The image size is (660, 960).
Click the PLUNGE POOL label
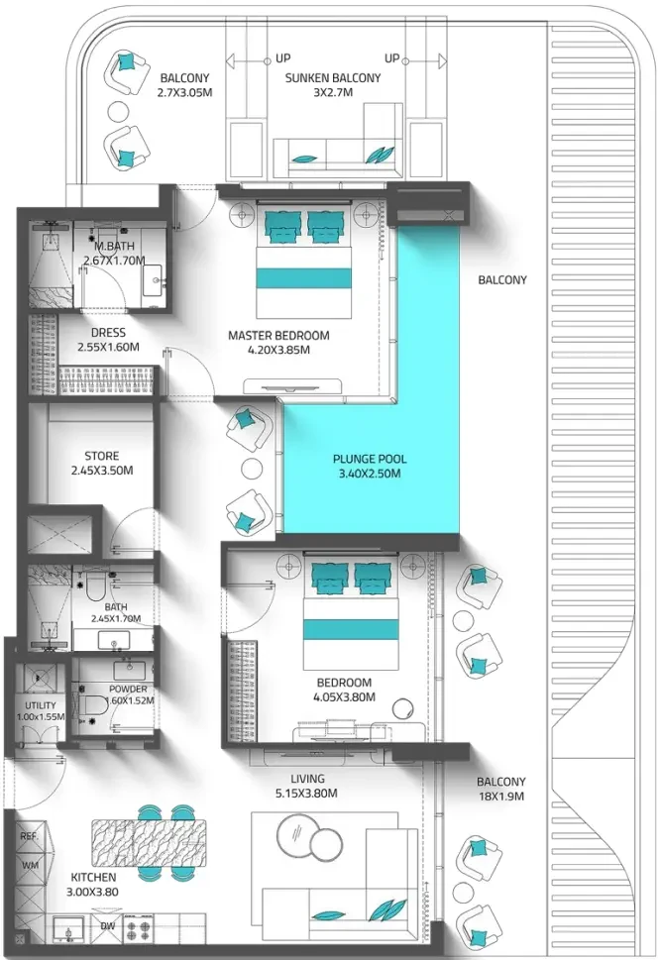[x=370, y=459]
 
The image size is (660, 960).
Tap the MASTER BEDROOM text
[x=278, y=336]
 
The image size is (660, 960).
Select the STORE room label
[x=102, y=456]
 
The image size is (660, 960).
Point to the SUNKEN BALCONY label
[x=332, y=78]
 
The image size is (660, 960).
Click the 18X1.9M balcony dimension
[x=501, y=797]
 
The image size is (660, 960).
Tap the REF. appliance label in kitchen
[x=29, y=836]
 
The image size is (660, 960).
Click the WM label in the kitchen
[x=30, y=865]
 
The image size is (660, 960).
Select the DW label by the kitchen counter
[x=108, y=926]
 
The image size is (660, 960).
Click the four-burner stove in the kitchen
[x=139, y=930]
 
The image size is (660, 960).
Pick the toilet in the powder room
[x=90, y=700]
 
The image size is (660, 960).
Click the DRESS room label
[x=108, y=333]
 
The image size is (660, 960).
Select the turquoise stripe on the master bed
[x=303, y=278]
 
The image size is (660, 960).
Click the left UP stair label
[x=282, y=58]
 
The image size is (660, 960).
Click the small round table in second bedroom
[x=403, y=708]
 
